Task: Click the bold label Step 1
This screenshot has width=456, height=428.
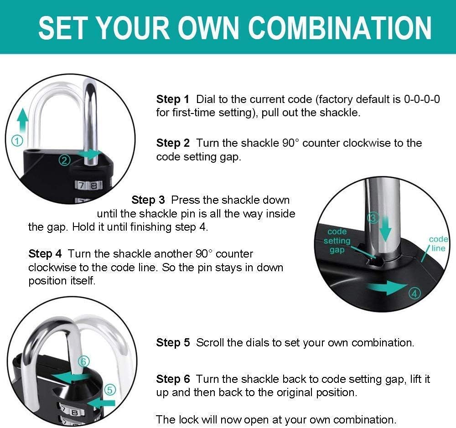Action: click(172, 99)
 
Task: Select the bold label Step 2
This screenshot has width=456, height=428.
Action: click(172, 143)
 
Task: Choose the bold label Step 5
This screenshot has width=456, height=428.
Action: click(172, 343)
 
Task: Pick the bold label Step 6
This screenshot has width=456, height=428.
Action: click(172, 379)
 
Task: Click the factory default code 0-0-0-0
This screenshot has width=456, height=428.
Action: click(422, 99)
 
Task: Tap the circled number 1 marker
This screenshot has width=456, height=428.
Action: click(16, 141)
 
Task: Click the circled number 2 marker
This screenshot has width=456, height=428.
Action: click(65, 160)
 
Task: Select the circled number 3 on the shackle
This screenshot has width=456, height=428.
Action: click(373, 218)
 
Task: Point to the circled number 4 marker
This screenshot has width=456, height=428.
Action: click(414, 293)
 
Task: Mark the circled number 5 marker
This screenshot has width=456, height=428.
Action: click(110, 389)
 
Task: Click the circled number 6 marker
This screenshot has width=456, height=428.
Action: click(83, 361)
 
